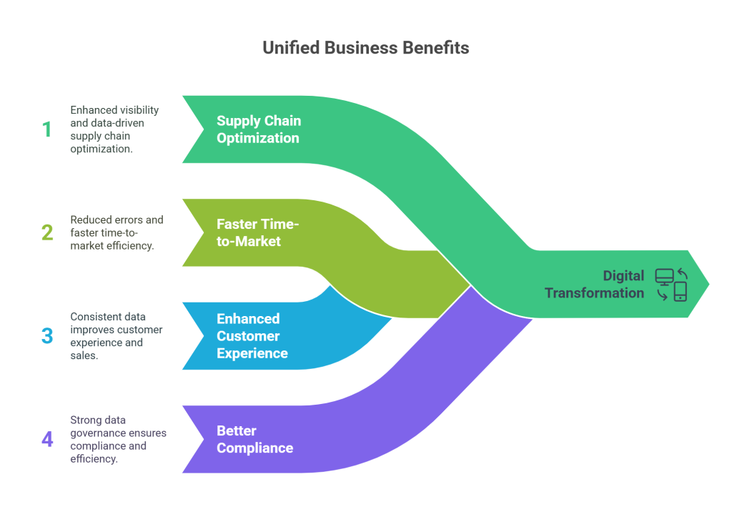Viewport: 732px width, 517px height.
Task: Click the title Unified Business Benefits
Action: click(x=365, y=49)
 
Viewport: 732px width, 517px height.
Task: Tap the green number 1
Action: click(x=46, y=129)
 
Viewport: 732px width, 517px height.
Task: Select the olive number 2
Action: click(x=46, y=232)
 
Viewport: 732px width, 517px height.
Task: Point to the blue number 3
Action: click(x=47, y=336)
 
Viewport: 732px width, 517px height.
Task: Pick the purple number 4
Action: click(x=47, y=439)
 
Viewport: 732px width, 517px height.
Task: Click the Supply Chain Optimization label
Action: click(x=258, y=129)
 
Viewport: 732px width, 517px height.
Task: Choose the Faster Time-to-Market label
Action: click(x=257, y=232)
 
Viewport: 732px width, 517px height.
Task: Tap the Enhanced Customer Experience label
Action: click(x=252, y=336)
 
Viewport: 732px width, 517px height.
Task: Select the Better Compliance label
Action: click(x=254, y=439)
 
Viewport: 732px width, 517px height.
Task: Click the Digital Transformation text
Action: click(x=594, y=284)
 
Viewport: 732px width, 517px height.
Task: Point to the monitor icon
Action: click(x=663, y=277)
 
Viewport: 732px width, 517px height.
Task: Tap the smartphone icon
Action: click(x=680, y=291)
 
